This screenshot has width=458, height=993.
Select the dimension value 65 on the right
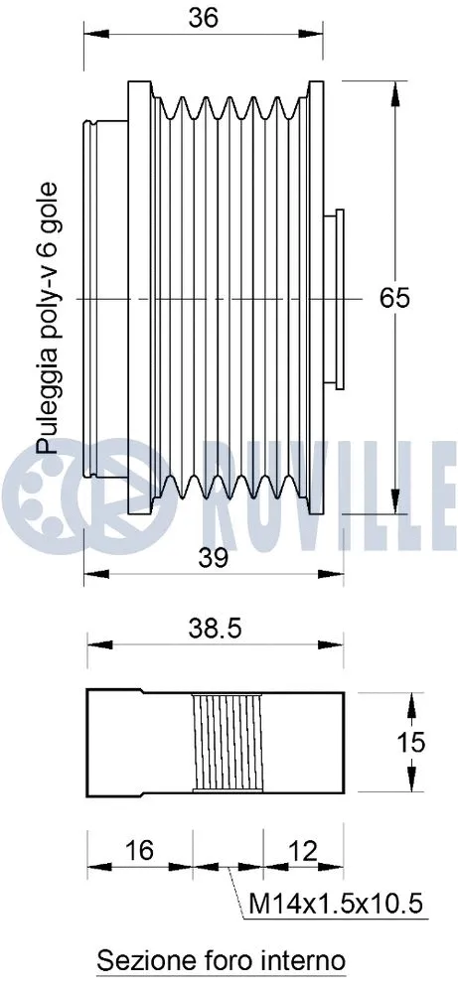pos(394,297)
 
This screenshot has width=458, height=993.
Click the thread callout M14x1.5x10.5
pos(338,905)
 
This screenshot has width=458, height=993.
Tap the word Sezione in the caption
pos(137,961)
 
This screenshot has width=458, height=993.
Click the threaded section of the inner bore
pos(229,743)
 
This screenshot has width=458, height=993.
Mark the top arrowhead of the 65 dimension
pos(395,85)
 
